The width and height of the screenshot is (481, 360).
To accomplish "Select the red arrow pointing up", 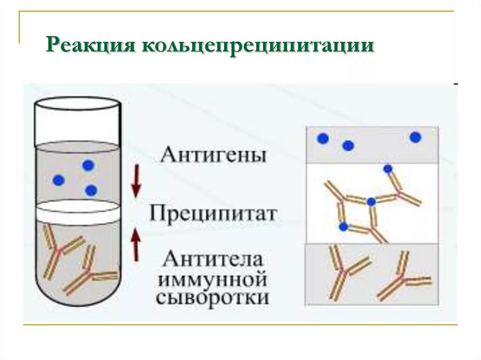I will (x=136, y=244).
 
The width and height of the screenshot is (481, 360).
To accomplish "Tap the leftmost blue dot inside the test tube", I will (x=58, y=180).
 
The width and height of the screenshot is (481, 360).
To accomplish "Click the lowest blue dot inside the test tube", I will (x=91, y=190).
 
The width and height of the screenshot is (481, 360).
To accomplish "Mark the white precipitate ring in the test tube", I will (x=79, y=212).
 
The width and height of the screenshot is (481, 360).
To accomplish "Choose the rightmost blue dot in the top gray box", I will (x=415, y=138).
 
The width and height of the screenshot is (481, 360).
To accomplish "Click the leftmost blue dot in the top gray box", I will (x=323, y=138).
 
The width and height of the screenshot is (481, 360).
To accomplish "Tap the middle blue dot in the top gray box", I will (x=348, y=146).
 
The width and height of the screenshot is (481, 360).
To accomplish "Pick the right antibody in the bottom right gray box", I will (x=403, y=277).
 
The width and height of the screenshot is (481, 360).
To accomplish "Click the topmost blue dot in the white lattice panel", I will (x=388, y=169).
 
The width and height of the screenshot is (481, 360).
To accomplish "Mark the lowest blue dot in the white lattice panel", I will (x=343, y=227).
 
